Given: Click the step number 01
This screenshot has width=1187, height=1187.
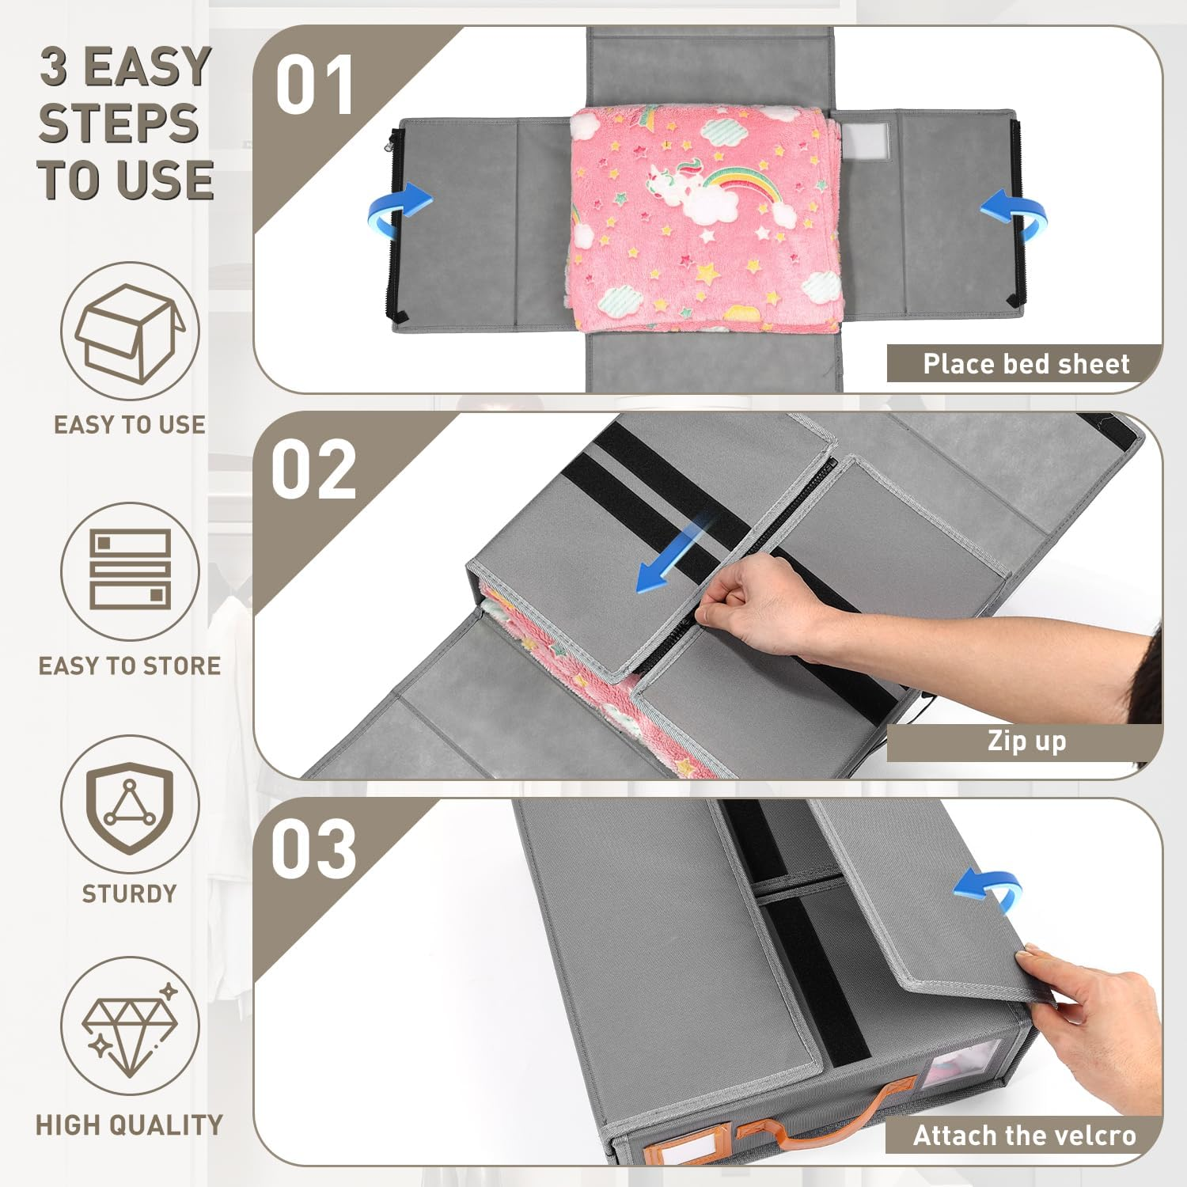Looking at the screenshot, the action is pos(314,85).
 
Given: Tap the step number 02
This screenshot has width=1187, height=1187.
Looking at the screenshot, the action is pos(314,469).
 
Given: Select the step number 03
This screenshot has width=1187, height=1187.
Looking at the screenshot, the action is pos(314,848).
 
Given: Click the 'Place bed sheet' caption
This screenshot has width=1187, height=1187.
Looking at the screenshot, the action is pos(1026,364).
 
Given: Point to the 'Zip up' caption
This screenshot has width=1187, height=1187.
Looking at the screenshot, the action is pos(1026,741).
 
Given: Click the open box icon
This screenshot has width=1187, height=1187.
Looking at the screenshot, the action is pos(130,332).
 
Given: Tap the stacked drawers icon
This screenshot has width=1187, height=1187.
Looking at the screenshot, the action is pos(131,570).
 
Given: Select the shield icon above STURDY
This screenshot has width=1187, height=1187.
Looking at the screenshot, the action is pos(130,807).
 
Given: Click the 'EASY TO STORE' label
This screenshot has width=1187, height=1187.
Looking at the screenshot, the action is pos(130,666).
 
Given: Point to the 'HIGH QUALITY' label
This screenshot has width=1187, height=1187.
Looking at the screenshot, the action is pos(130,1124).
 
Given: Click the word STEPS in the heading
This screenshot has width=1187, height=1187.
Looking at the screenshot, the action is pos(119,123).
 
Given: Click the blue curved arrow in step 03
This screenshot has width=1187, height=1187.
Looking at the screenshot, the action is pos(988,890).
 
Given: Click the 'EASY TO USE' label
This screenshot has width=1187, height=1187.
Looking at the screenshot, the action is pos(130,425).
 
